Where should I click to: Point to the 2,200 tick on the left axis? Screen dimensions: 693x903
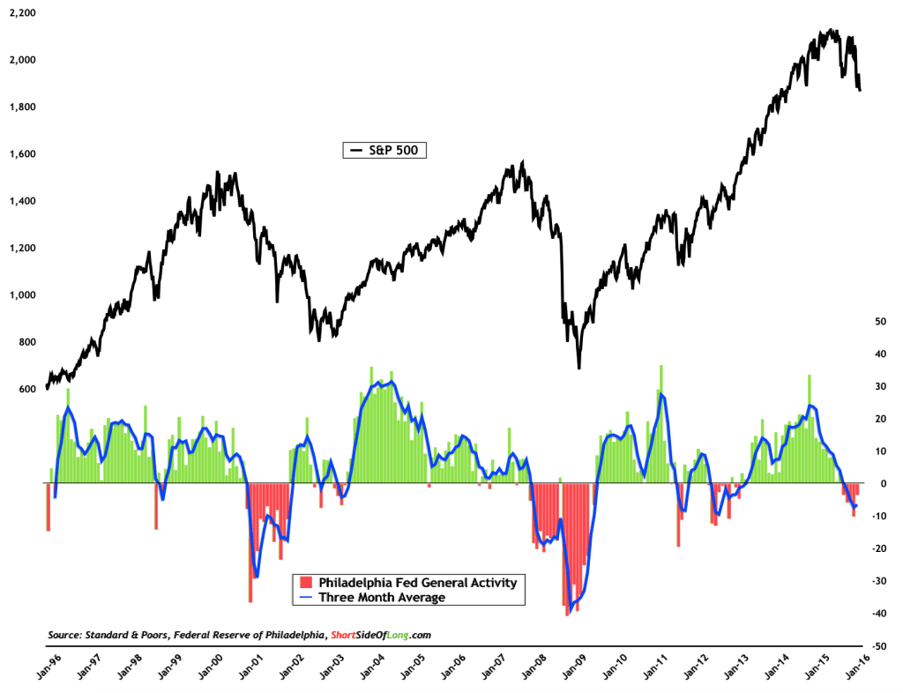click(22, 13)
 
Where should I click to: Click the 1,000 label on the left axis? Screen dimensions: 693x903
click(22, 295)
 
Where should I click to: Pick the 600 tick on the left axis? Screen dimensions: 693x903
click(26, 389)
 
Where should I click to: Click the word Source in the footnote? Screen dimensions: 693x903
click(65, 635)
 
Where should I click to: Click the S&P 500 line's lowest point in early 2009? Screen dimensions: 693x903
click(579, 368)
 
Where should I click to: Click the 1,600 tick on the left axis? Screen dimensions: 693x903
click(22, 154)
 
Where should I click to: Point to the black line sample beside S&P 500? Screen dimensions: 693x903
click(357, 151)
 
